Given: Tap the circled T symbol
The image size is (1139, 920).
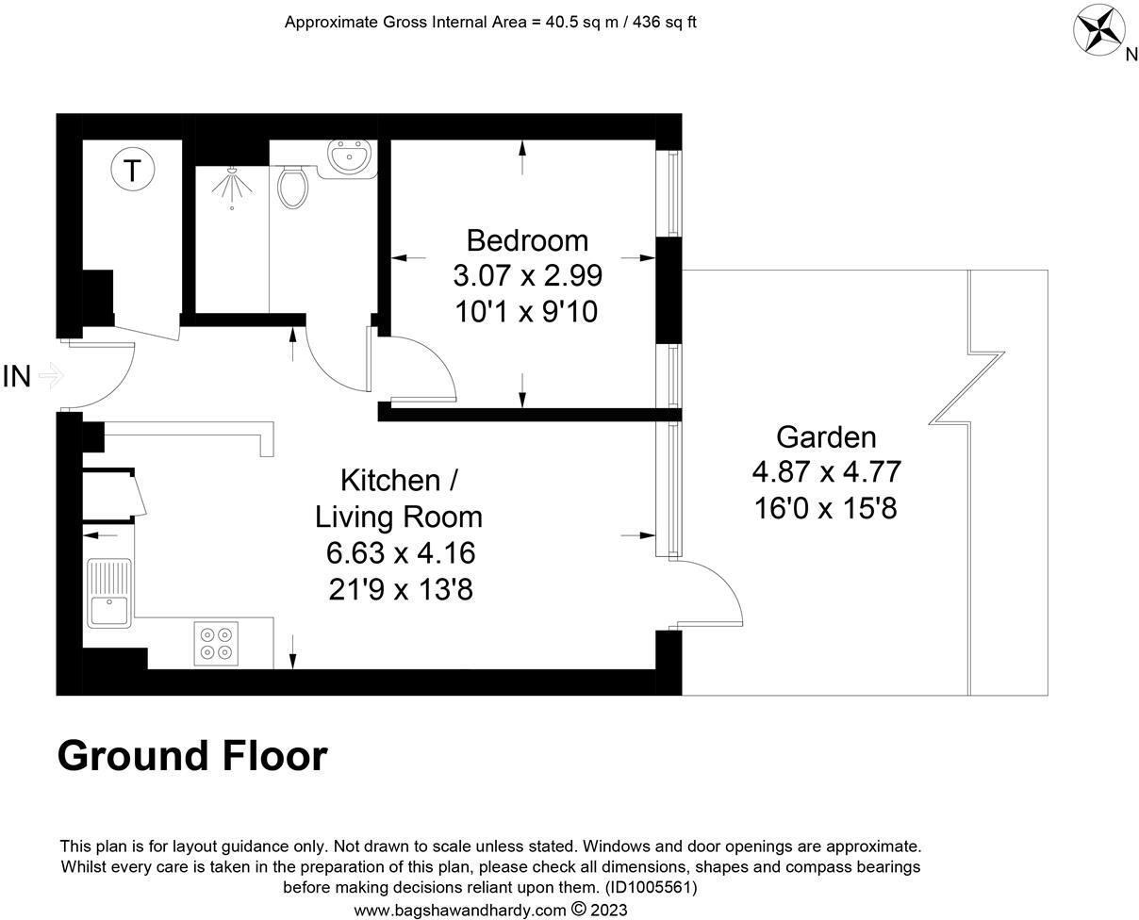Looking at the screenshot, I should pos(133,171).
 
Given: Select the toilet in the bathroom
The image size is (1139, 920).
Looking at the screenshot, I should pos(293,187).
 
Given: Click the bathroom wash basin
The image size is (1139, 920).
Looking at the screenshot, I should pos(350,156).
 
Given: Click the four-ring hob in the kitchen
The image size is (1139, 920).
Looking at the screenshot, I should pos(216,643).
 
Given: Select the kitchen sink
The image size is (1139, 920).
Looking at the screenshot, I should pos(109,594).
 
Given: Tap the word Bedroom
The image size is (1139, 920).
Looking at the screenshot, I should pos(527,240).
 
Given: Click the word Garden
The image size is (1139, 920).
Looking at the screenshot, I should pos(826,437).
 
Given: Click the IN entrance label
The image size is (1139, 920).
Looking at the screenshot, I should pos(17,377).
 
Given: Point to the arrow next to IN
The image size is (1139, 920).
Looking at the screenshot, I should pos(51,377).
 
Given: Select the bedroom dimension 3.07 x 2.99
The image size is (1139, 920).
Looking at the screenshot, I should pos(527,276).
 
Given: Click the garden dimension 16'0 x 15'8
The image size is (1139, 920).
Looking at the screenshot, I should pos(826,509).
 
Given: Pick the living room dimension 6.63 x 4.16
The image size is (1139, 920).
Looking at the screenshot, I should pos(401,553).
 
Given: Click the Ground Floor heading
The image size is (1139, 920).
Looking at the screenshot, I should pos(192,756).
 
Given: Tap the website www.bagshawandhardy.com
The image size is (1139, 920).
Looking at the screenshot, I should pos(460,910).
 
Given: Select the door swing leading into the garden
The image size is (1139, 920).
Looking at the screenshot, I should pos(712,594).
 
